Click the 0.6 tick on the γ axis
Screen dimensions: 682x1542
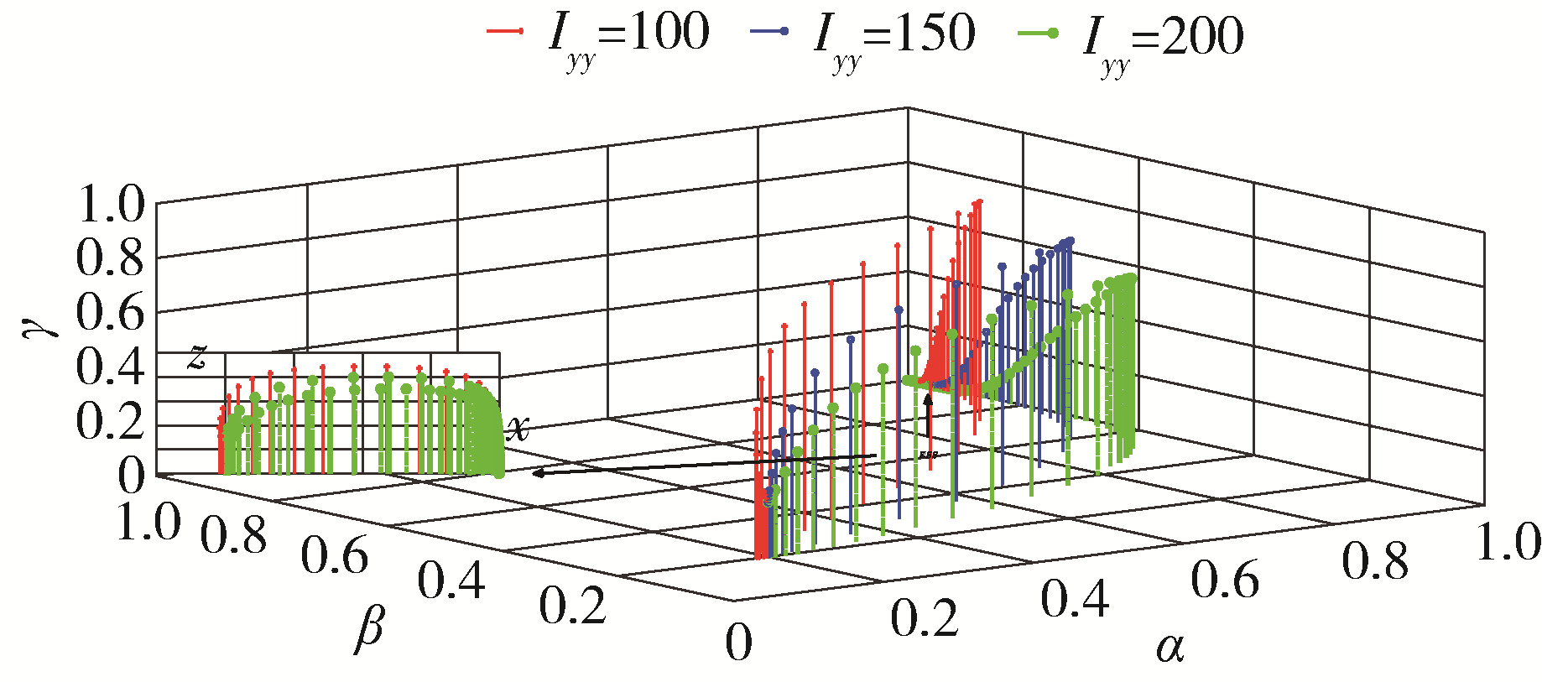coord(110,313)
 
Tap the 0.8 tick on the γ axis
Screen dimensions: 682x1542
coord(110,258)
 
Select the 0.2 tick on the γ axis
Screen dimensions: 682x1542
coord(110,420)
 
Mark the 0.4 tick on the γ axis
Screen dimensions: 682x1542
coord(110,367)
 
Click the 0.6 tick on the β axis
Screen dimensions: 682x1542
coord(334,555)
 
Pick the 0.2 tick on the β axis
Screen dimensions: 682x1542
coord(572,606)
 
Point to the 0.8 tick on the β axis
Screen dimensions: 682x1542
coord(233,535)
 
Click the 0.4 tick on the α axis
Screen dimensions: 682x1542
coord(1075,600)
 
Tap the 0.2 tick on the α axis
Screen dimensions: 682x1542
coord(924,620)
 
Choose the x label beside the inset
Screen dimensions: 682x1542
coord(518,429)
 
